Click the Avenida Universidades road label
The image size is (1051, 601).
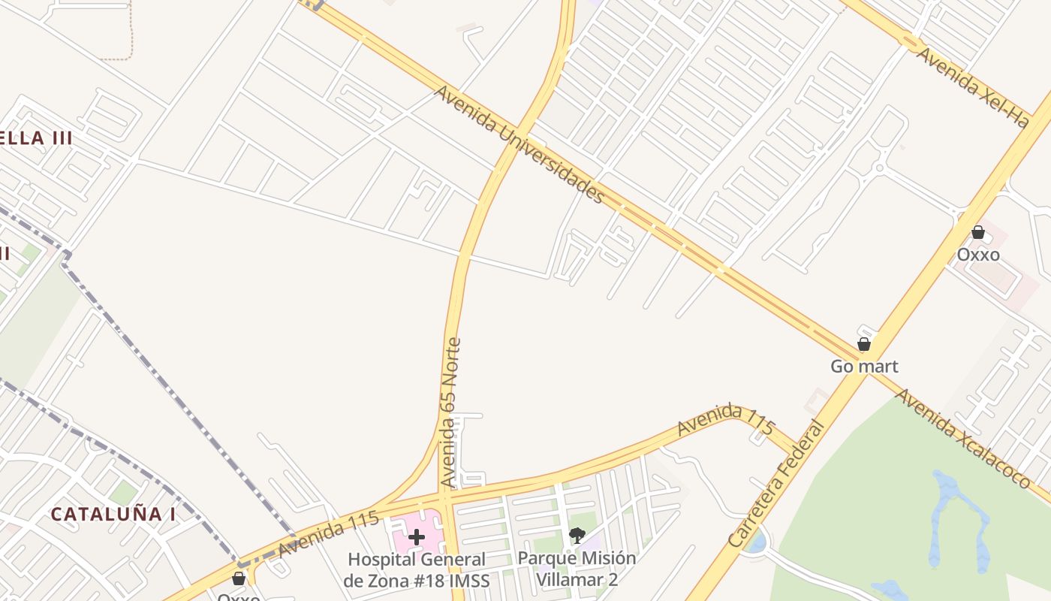pos(519,144)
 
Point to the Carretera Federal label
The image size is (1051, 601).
pos(776,484)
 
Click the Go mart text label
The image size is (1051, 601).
pos(864,367)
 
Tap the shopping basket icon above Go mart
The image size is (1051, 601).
pos(864,344)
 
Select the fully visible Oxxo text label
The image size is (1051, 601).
pos(977,255)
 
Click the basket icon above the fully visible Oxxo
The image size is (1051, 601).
pos(977,232)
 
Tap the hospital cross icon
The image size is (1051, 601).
pos(417,536)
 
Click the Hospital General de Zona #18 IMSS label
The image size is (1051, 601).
pos(417,569)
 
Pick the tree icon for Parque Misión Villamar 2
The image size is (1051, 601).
pos(577,536)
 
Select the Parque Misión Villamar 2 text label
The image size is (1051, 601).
pos(577,569)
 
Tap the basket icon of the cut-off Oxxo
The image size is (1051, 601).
pos(239,578)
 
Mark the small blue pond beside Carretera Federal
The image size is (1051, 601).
pos(757,541)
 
